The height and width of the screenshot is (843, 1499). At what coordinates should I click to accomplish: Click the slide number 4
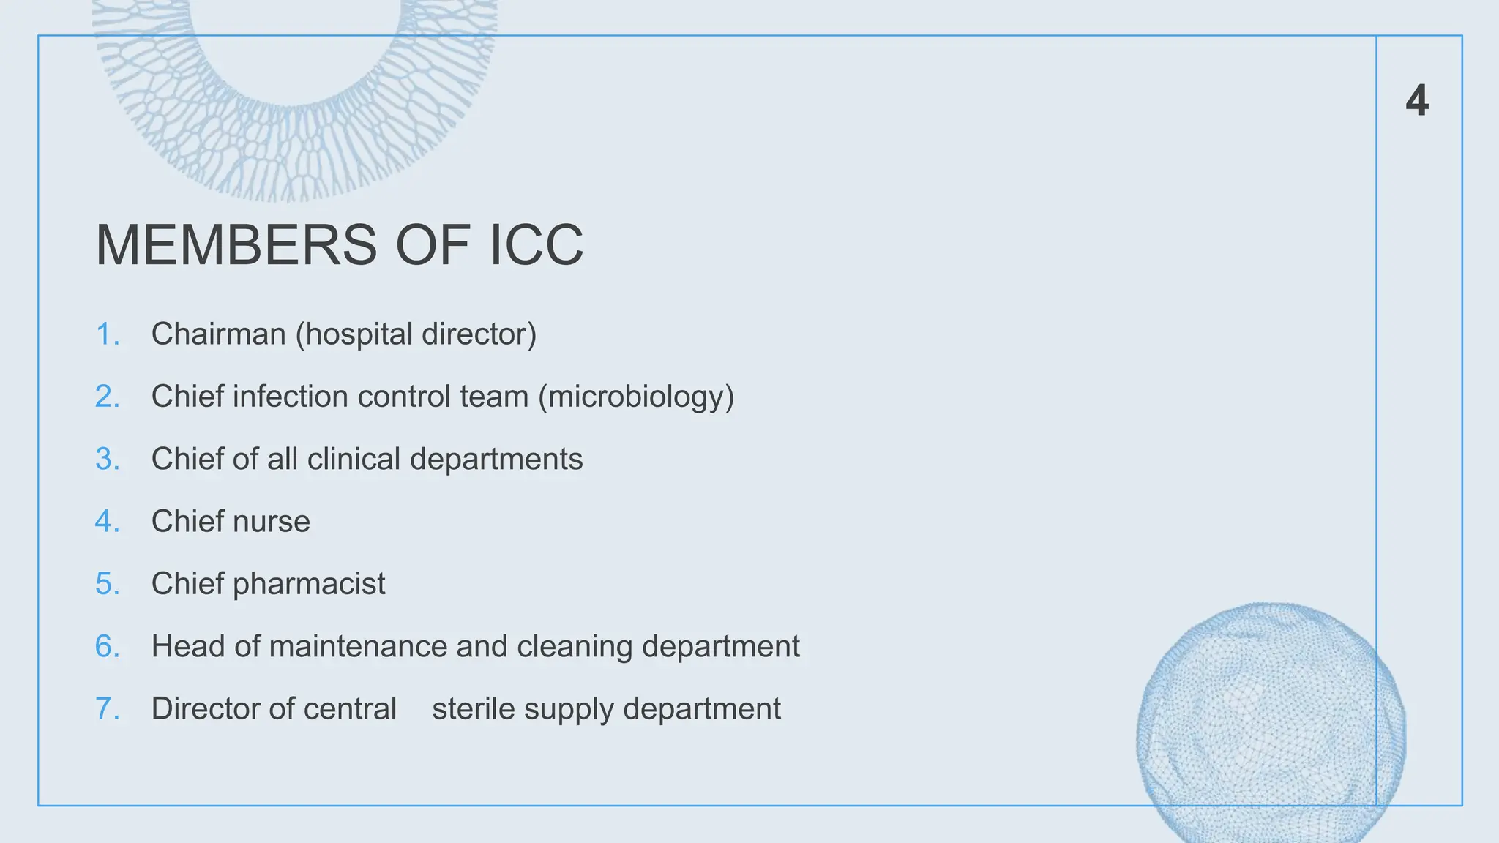tap(1417, 100)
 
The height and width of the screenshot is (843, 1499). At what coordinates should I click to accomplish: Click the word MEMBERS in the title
tap(236, 245)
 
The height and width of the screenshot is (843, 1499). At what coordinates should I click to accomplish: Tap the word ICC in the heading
tap(536, 245)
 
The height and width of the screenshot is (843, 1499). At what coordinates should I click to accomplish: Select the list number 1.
tap(107, 334)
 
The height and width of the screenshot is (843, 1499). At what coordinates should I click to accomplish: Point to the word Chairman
tap(218, 334)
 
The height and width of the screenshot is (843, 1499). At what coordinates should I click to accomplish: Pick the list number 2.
tap(107, 397)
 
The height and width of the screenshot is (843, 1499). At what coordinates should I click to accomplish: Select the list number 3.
tap(107, 460)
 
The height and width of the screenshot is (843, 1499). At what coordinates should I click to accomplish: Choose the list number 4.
tap(107, 522)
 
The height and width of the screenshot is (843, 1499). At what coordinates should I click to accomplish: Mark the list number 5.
tap(107, 584)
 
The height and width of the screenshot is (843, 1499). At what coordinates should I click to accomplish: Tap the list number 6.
tap(107, 647)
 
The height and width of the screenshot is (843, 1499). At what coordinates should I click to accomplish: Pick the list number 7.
tap(107, 709)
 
